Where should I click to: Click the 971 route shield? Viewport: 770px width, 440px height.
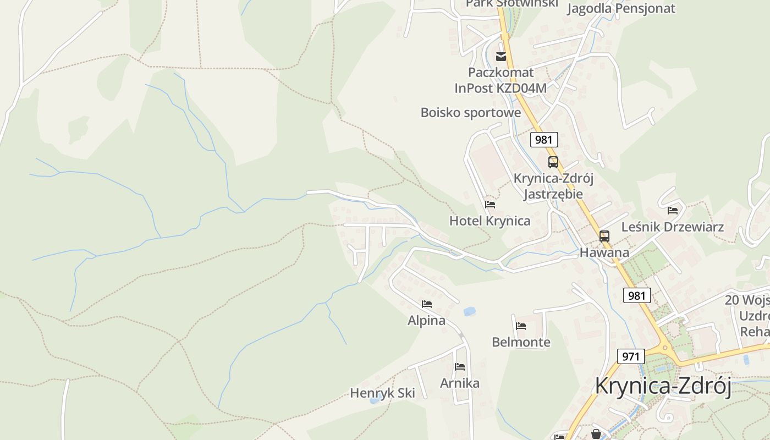[x=630, y=356]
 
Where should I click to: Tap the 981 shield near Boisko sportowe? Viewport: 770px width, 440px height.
[x=544, y=140]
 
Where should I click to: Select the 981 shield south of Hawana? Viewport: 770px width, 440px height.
[x=637, y=295]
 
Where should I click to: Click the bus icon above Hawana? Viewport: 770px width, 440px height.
[x=604, y=237]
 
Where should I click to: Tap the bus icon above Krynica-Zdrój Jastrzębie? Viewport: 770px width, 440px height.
[x=553, y=162]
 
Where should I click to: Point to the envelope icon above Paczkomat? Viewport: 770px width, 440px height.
[x=501, y=56]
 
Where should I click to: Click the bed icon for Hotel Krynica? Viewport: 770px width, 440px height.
[x=490, y=205]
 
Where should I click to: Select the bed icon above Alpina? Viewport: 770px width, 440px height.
[x=427, y=304]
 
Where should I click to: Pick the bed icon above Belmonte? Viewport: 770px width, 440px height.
[x=521, y=326]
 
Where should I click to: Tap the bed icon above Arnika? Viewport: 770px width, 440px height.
[x=460, y=367]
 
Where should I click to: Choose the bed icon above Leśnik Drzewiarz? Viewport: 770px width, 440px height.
[x=673, y=210]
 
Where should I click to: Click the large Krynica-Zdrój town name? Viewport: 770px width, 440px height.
[x=663, y=387]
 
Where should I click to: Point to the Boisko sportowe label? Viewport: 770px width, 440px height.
[x=470, y=113]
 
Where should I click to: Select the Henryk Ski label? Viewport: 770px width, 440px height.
[x=382, y=393]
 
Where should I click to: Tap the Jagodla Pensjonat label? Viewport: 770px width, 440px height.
[x=621, y=8]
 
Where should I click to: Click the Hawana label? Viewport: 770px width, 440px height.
[x=604, y=253]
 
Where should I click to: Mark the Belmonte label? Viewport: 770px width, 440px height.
[x=521, y=342]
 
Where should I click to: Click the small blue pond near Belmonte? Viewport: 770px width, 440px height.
[x=469, y=311]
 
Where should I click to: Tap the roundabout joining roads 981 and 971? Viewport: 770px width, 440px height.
[x=665, y=348]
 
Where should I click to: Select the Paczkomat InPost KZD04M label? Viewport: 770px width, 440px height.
[x=501, y=80]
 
